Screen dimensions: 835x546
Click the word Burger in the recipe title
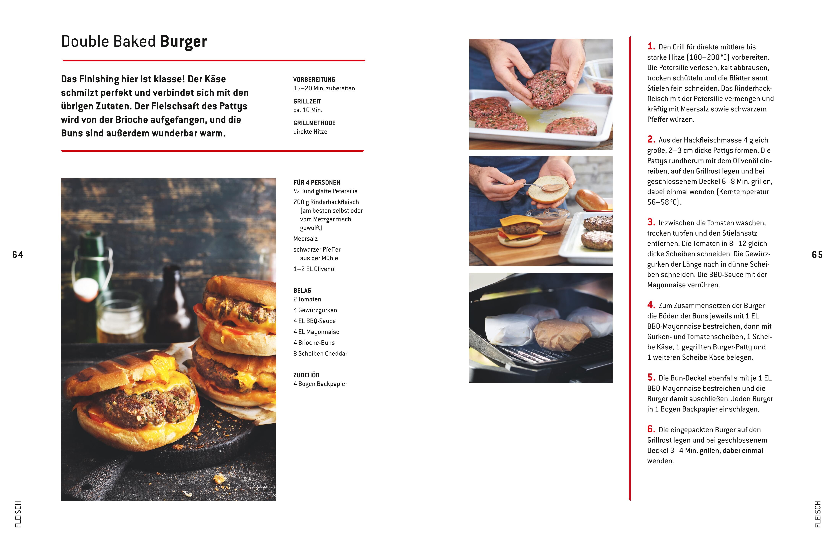pyautogui.click(x=183, y=42)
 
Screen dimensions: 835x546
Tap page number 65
pyautogui.click(x=817, y=255)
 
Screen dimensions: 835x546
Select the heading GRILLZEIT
pyautogui.click(x=307, y=101)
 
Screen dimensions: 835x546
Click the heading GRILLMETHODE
pyautogui.click(x=314, y=123)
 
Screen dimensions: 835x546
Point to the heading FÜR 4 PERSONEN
pyautogui.click(x=317, y=182)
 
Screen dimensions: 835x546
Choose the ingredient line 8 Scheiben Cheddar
pyautogui.click(x=320, y=353)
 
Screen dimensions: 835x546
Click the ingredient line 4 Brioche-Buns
pyautogui.click(x=314, y=343)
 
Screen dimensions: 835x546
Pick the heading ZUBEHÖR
pyautogui.click(x=306, y=375)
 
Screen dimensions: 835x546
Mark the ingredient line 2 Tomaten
pyautogui.click(x=307, y=299)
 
